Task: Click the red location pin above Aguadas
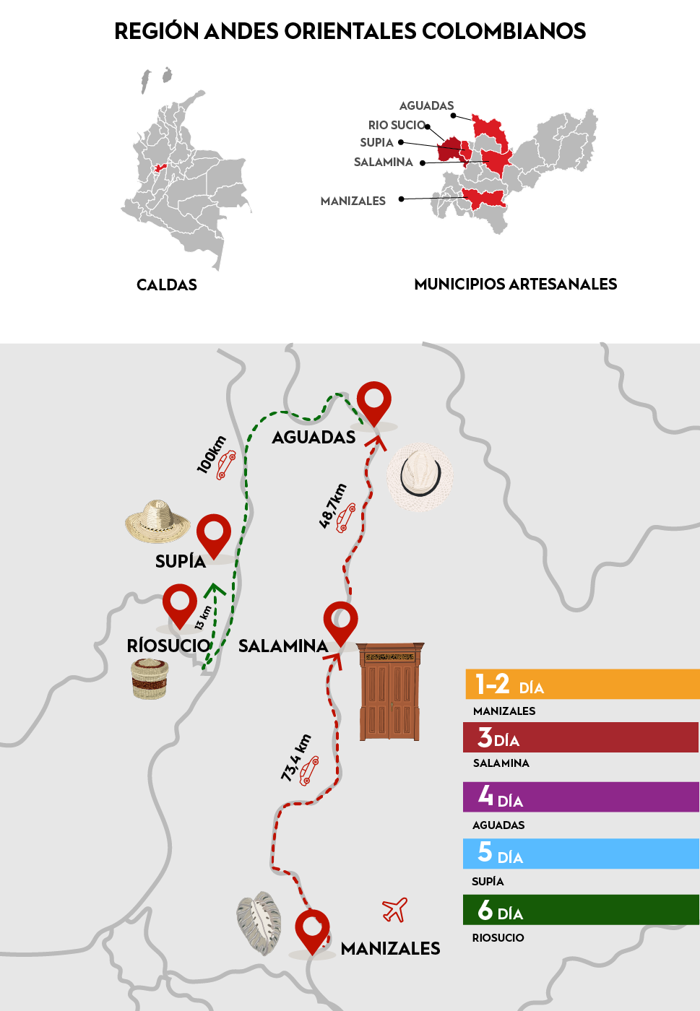(374, 401)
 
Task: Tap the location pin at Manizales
(312, 929)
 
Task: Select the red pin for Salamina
(340, 621)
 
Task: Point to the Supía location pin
(214, 533)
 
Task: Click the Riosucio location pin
(179, 604)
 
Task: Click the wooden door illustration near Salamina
(390, 691)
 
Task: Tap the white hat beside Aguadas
(420, 477)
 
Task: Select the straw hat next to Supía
(157, 521)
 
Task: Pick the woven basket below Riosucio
(150, 679)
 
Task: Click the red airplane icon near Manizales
(395, 910)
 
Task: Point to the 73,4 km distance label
(295, 758)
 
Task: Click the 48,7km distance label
(333, 506)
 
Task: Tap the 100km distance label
(211, 455)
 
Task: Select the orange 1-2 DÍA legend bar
(582, 684)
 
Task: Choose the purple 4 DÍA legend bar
(582, 797)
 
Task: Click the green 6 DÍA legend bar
(582, 910)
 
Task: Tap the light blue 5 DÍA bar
(582, 854)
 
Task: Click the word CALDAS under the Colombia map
(167, 285)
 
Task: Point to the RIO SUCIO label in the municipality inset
(397, 125)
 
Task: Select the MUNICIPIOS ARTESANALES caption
(515, 284)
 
